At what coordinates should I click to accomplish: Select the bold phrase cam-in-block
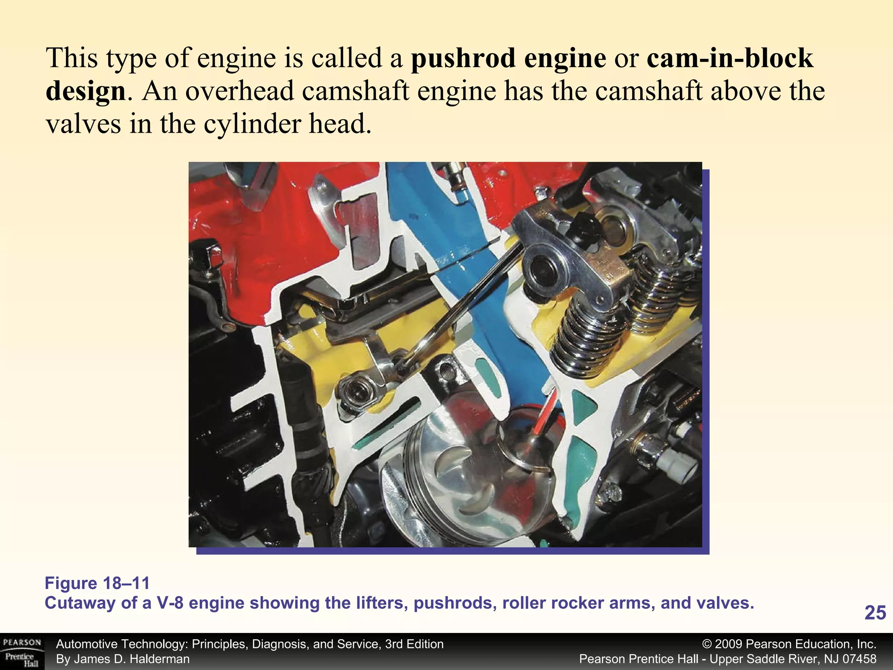(729, 58)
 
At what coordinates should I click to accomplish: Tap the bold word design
(85, 91)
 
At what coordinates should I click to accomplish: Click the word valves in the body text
(83, 124)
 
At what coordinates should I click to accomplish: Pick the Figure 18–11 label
(97, 583)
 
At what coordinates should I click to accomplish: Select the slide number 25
(875, 613)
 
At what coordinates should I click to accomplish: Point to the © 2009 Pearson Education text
(789, 644)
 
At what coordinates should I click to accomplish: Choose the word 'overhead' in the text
(239, 91)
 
